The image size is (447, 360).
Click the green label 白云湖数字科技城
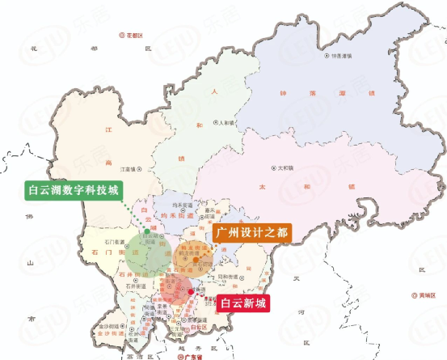[73, 192]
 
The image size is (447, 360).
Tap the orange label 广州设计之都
[251, 233]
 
